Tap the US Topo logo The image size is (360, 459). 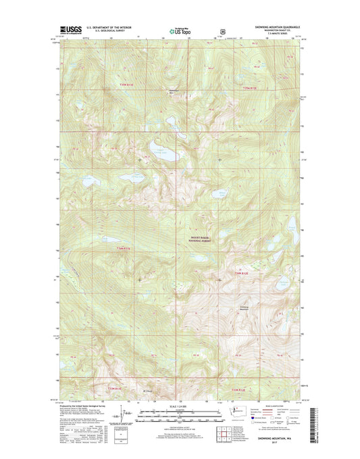coord(178,30)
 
